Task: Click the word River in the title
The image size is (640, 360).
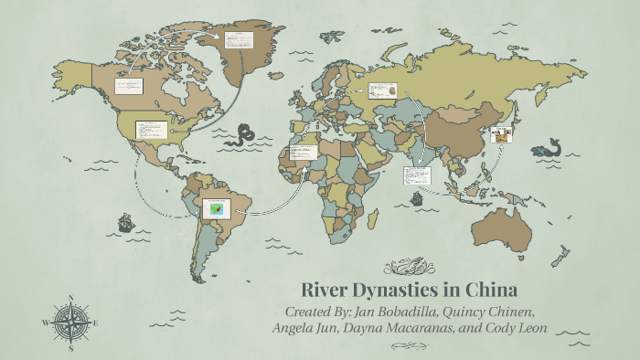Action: tap(325, 291)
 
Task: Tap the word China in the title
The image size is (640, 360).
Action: tap(492, 291)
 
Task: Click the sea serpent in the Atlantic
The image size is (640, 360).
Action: tap(244, 136)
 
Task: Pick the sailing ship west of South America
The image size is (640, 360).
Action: tap(125, 222)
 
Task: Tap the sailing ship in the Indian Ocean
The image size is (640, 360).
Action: tap(417, 198)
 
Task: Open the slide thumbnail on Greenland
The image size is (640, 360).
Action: tap(241, 41)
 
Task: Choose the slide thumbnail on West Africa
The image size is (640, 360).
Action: tap(303, 152)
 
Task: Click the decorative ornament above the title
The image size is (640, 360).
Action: tap(402, 267)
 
